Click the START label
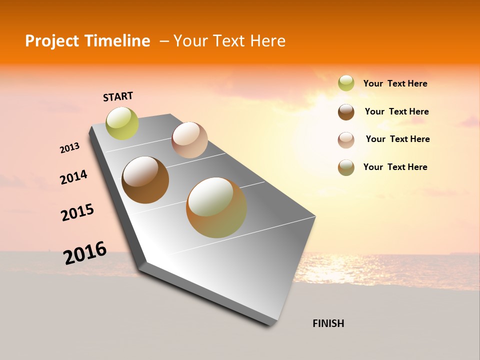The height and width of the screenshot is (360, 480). coord(118,96)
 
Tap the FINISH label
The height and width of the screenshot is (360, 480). coord(328,323)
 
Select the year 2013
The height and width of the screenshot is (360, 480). coord(69,148)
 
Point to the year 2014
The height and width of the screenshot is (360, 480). coord(73,177)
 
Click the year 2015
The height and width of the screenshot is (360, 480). coord(77,212)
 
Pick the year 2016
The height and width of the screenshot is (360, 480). coord(85,253)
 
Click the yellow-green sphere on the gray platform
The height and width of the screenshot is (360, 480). coord(122,123)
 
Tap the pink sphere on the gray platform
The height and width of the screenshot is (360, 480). coord(189,140)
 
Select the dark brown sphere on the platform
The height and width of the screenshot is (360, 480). coord(145,180)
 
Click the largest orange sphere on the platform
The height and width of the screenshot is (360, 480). coord(216,207)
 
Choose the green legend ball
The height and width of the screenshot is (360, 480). coord(346,83)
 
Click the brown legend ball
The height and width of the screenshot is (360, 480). coord(346,111)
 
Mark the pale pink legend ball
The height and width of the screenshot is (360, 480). coord(346,139)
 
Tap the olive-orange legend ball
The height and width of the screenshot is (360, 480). coord(346,167)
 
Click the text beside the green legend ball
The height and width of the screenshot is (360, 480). coord(395,83)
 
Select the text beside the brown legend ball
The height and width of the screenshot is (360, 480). coord(396,111)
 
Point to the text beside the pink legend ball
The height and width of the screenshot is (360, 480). coord(397,139)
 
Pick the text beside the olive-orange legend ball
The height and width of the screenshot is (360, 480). coord(395,167)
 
